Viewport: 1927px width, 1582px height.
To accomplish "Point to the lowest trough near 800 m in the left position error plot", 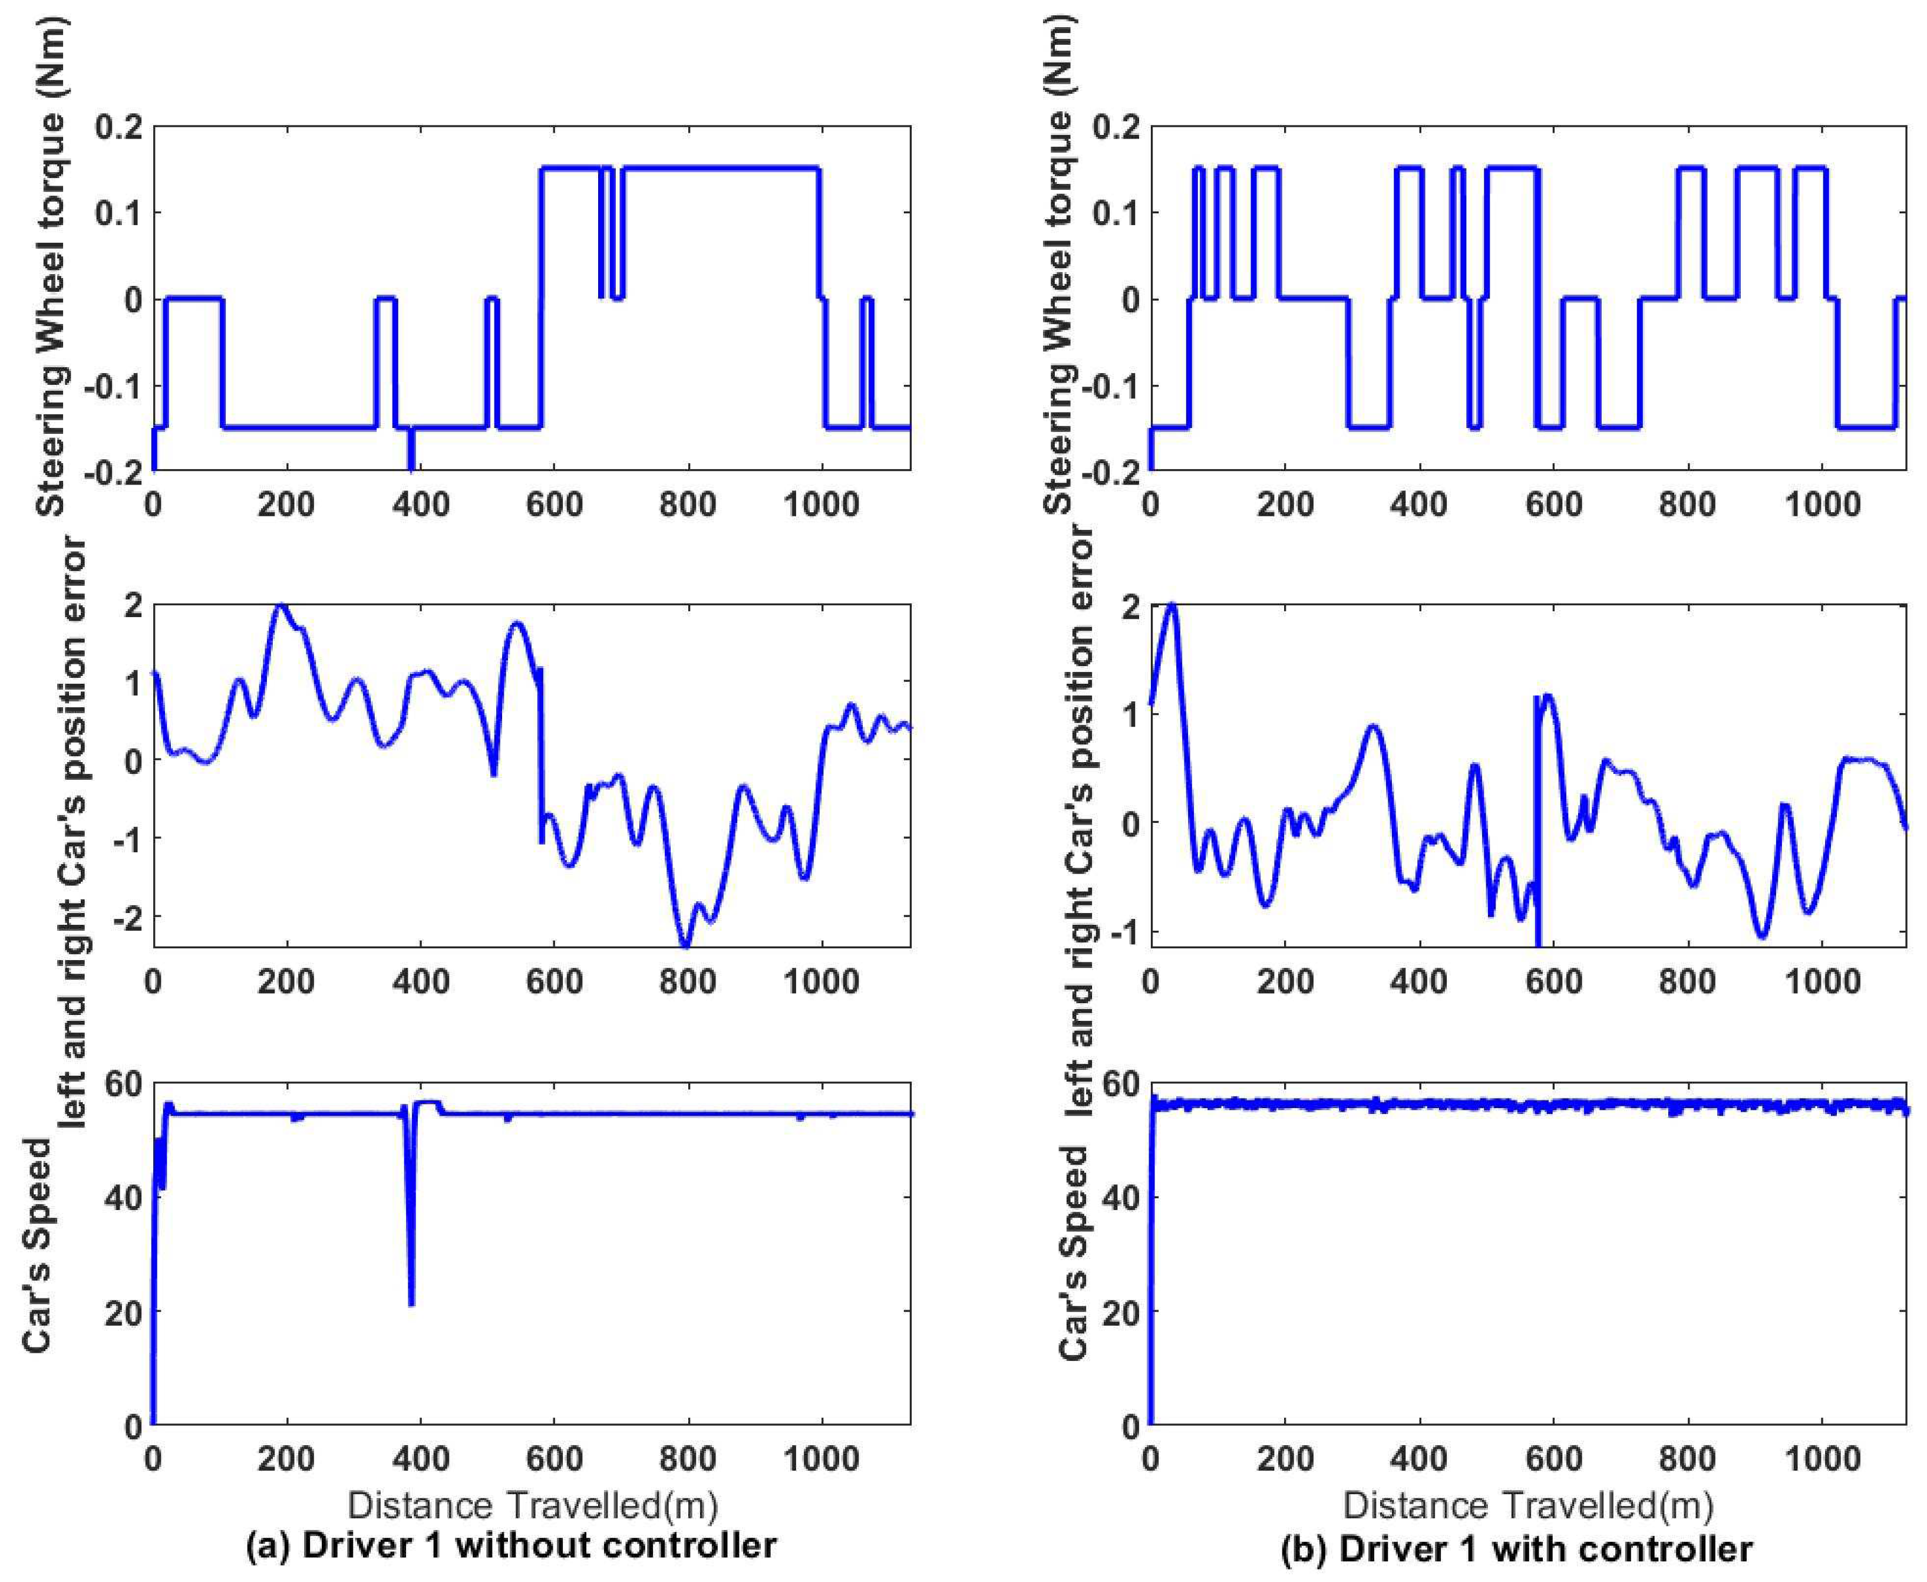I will pos(686,943).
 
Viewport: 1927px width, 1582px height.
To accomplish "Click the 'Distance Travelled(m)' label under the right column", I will pos(1528,1505).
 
